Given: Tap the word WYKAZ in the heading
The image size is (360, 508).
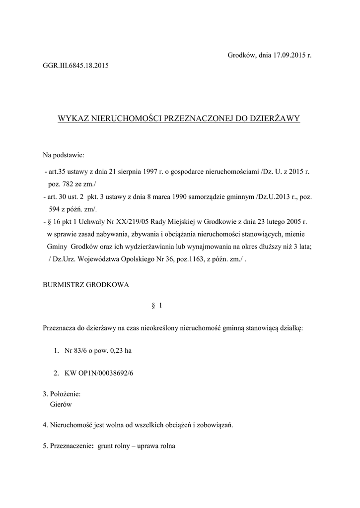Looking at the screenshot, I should click(72, 119).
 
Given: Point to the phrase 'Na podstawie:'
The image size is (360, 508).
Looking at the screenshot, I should click(64, 156).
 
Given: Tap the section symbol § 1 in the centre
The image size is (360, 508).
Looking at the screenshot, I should click(156, 306).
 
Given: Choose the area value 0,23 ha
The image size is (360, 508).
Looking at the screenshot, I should click(121, 351).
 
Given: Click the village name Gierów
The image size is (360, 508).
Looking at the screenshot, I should click(62, 404).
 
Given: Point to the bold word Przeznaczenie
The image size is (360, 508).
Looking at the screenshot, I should click(72, 446).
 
